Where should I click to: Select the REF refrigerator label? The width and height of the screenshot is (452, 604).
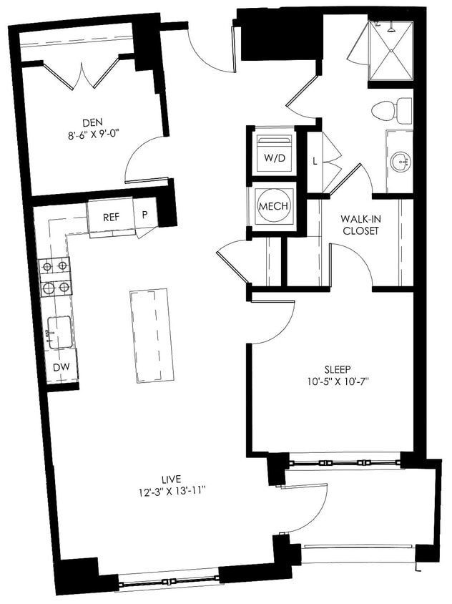(111, 217)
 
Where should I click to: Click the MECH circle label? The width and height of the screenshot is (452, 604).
(273, 206)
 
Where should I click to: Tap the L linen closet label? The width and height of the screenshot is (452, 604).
(315, 161)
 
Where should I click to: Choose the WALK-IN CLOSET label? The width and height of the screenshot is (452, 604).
(360, 225)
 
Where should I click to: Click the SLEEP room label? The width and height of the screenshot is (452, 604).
(338, 369)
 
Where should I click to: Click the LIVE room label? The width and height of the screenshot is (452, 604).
(171, 479)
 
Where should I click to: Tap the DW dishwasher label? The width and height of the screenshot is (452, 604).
(61, 367)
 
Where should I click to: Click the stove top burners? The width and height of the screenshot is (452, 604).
(56, 277)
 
